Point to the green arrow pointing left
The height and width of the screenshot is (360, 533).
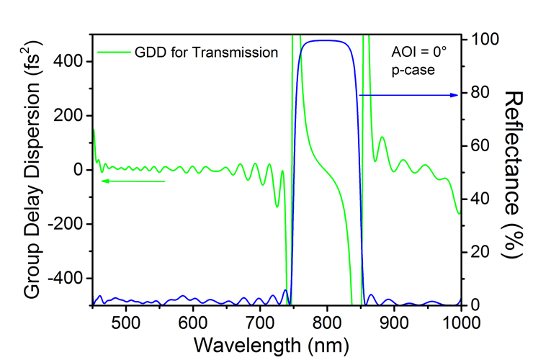pyautogui.click(x=133, y=181)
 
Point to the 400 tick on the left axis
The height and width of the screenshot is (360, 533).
pyautogui.click(x=71, y=62)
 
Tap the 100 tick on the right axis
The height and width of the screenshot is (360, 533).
pyautogui.click(x=479, y=39)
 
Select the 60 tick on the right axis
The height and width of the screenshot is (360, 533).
pyautogui.click(x=475, y=145)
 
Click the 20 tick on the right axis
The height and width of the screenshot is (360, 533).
pyautogui.click(x=475, y=251)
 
